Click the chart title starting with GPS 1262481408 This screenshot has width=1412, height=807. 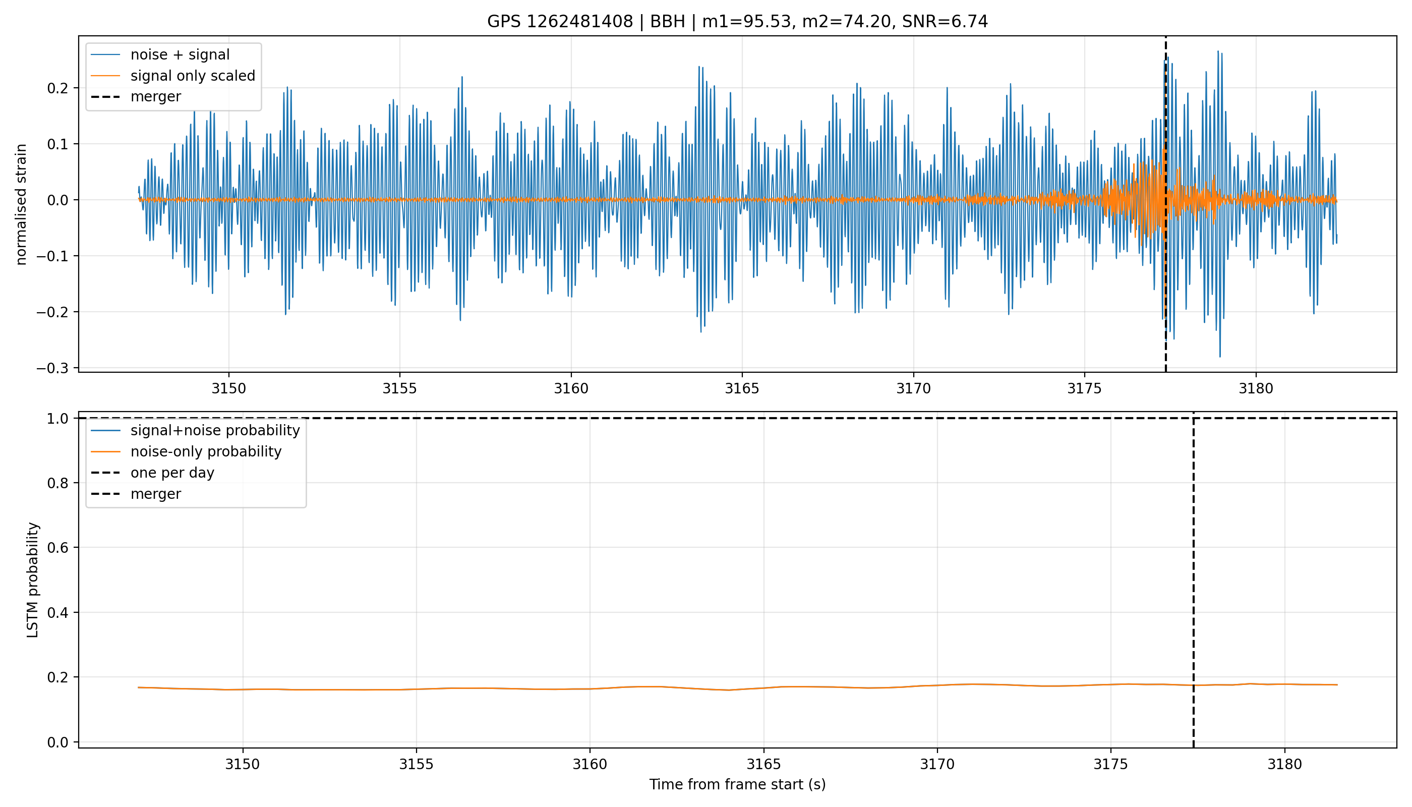(737, 22)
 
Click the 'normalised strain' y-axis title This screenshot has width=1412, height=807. (21, 204)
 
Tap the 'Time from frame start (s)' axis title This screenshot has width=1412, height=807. (738, 784)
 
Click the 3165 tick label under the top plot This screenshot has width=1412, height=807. (742, 388)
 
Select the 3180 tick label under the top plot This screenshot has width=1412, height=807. (1256, 388)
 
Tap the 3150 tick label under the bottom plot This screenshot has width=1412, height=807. (242, 764)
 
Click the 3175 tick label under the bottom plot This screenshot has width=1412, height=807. (1110, 764)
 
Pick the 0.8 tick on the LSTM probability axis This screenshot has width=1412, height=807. (57, 483)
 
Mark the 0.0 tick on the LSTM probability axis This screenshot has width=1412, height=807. (57, 742)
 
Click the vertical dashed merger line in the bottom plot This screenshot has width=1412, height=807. (1193, 580)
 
